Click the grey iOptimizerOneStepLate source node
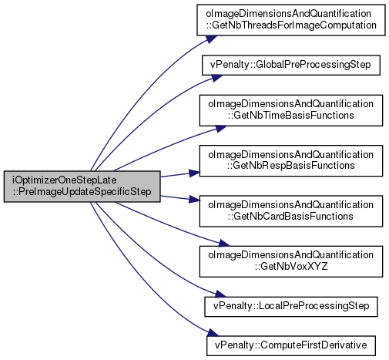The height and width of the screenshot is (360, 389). click(82, 187)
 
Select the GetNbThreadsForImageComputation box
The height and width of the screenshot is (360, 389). click(291, 20)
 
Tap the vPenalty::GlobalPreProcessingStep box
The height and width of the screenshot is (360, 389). click(291, 65)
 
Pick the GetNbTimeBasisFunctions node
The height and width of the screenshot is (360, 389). click(291, 110)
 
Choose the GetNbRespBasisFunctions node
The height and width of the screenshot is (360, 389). click(291, 160)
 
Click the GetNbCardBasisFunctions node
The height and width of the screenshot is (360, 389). click(291, 211)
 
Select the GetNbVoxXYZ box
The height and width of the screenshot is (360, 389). click(291, 261)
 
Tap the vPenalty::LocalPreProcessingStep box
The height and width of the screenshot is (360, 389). click(291, 307)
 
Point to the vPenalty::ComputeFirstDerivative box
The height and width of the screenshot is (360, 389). click(291, 345)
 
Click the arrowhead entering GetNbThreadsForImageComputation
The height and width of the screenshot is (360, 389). click(212, 39)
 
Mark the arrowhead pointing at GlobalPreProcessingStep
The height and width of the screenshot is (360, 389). click(216, 78)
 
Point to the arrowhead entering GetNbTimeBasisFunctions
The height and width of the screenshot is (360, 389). click(221, 128)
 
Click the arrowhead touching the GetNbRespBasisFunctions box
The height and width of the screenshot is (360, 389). click(194, 173)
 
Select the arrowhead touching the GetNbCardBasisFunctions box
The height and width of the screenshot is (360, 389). click(194, 199)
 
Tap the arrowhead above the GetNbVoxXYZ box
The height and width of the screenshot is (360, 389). click(222, 243)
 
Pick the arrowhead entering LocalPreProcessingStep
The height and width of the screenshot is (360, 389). click(220, 294)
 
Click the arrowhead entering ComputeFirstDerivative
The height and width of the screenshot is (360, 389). click(213, 332)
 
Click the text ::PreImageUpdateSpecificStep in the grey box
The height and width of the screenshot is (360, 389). click(82, 192)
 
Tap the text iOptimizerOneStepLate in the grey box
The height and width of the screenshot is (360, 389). click(64, 180)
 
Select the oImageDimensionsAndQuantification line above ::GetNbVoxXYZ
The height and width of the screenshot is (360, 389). click(291, 255)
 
